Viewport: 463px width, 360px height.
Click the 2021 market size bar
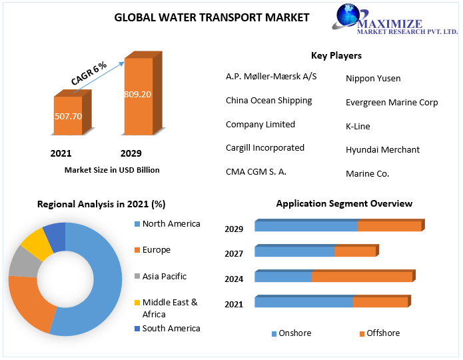tap(69, 116)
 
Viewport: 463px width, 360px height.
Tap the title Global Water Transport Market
tap(212, 17)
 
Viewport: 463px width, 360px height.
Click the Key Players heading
tap(336, 55)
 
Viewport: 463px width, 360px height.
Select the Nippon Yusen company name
tap(373, 78)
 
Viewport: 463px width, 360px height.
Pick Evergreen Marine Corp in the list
tap(392, 102)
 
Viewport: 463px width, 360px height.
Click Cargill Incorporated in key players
tap(264, 147)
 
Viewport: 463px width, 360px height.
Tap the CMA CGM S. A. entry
tap(256, 171)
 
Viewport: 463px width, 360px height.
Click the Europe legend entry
tap(156, 249)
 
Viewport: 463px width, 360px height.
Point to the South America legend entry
tap(171, 328)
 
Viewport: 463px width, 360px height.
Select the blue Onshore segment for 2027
tap(294, 251)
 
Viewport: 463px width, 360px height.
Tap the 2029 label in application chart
tap(234, 229)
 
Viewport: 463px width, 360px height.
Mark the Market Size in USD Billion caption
tap(112, 170)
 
